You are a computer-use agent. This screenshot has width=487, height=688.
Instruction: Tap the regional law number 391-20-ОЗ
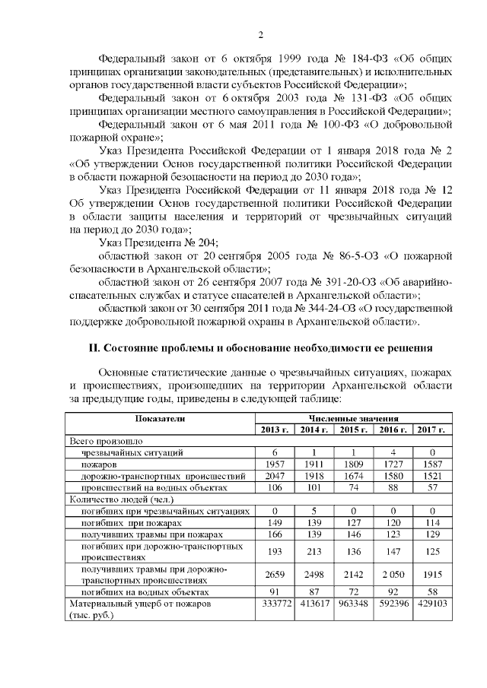tap(329, 282)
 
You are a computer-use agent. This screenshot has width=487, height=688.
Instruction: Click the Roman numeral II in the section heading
tap(95, 347)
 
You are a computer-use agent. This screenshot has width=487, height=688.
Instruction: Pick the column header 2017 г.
tap(431, 430)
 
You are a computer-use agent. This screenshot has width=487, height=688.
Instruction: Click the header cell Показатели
tap(160, 419)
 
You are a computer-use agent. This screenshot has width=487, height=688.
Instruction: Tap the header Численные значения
tap(352, 419)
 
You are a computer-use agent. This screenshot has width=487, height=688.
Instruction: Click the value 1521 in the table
tap(431, 475)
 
